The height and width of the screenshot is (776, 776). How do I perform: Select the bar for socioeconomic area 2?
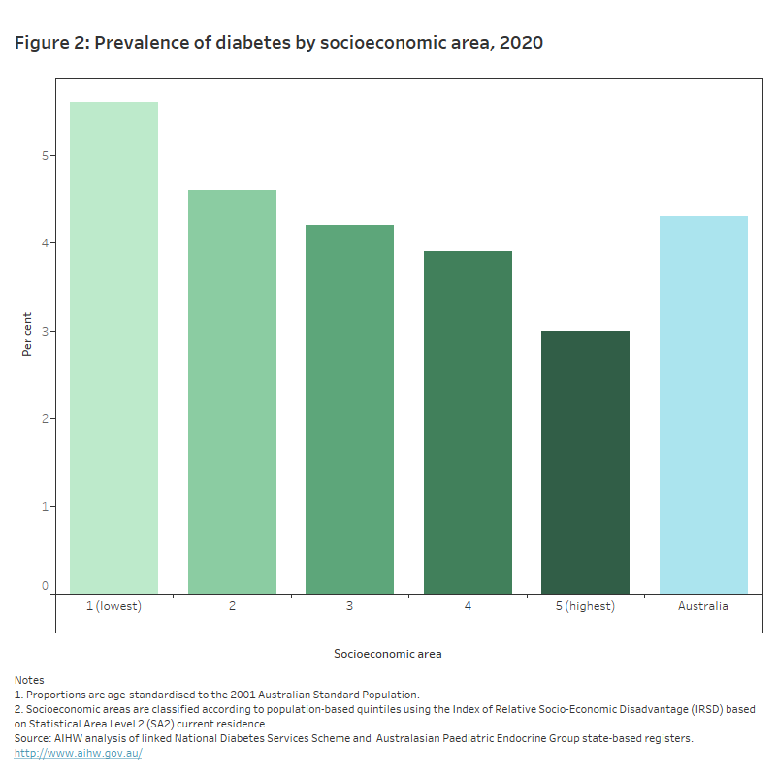coord(232,392)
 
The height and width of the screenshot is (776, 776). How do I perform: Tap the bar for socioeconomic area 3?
coord(349,409)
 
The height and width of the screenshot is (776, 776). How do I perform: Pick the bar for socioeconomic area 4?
coord(468,422)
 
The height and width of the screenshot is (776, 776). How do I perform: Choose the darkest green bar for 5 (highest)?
coord(585,462)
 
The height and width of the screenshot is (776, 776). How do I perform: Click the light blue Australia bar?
coord(703,404)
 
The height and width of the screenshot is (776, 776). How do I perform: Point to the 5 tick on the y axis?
coord(45,155)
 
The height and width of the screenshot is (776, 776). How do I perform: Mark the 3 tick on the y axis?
coord(45,331)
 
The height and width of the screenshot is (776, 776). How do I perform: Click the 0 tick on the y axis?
coord(45,586)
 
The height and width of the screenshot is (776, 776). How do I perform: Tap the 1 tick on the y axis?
coord(45,506)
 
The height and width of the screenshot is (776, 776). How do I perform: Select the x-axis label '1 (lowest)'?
coord(113,606)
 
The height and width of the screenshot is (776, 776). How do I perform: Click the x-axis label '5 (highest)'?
coord(585,606)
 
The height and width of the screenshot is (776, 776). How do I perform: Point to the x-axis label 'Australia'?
coord(703,606)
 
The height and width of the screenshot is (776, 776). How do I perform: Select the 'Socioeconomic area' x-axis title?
coord(387,654)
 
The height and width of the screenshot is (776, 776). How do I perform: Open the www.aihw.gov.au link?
coord(78,753)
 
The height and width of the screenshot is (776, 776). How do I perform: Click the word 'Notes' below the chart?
coord(29,680)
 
